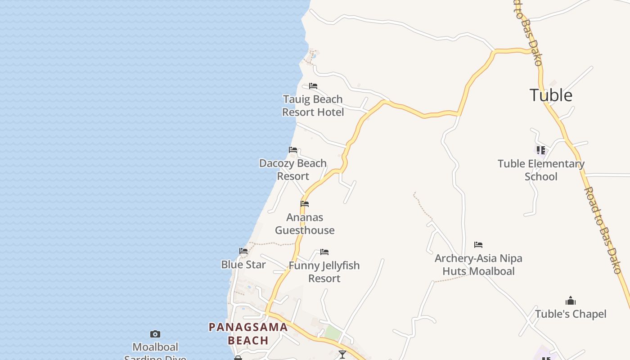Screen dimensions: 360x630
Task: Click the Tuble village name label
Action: click(x=551, y=95)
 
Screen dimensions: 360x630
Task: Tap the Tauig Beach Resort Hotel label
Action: click(x=313, y=106)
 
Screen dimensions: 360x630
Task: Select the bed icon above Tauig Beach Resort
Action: click(x=313, y=86)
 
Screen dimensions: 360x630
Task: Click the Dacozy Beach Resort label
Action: click(x=293, y=170)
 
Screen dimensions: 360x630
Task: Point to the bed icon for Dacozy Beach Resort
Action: click(x=293, y=150)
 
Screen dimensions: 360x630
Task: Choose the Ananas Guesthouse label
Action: click(x=305, y=224)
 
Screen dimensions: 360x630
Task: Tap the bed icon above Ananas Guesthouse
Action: click(x=305, y=204)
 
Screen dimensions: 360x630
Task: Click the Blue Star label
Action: click(x=243, y=265)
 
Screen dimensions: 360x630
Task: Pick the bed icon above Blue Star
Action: click(x=243, y=251)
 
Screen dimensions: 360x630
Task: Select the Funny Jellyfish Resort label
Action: click(x=324, y=272)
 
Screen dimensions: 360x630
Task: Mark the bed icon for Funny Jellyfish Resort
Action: click(x=324, y=252)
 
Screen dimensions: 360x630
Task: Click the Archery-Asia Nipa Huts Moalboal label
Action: click(x=478, y=265)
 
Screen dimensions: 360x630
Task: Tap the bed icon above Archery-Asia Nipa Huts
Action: click(x=478, y=245)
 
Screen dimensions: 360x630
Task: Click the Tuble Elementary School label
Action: click(x=541, y=170)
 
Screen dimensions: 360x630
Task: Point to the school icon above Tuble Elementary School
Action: click(x=541, y=150)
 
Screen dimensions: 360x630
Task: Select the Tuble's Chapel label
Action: click(x=571, y=314)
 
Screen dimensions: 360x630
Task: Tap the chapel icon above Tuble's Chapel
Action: click(x=571, y=301)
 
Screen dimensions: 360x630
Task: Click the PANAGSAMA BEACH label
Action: click(x=248, y=333)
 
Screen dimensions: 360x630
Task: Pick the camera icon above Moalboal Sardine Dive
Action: click(x=155, y=334)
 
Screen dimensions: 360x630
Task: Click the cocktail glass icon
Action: click(x=342, y=355)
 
